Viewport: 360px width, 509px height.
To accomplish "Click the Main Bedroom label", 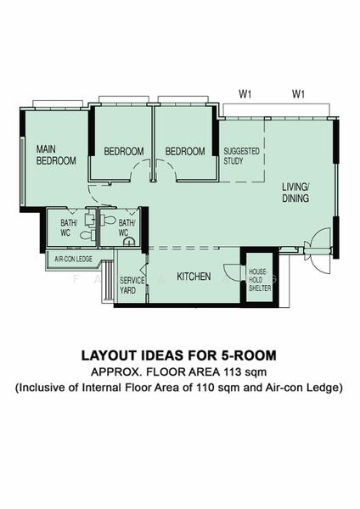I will point(55,154).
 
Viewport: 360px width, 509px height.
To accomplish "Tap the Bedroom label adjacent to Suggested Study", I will point(185,152).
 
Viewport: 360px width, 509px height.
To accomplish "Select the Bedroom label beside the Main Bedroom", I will point(124,152).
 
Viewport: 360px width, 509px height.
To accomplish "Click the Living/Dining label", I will point(295,193).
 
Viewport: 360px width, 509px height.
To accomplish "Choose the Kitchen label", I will point(194,277).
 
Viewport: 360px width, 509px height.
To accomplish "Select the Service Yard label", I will point(132,285).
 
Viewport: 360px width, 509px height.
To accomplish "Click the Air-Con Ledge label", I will point(73,260).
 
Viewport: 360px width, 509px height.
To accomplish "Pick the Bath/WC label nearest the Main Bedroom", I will point(69,227).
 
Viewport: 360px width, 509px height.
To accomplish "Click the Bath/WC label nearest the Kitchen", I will point(123,227).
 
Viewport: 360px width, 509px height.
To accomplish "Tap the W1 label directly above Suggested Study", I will point(245,93).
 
